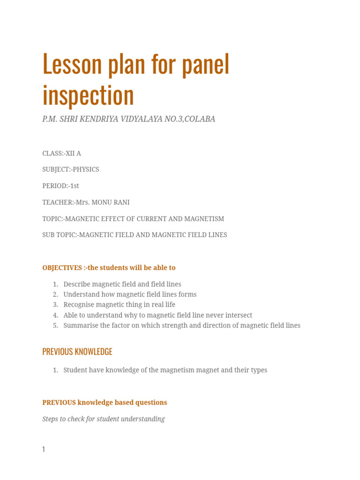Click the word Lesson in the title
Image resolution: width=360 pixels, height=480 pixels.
72,64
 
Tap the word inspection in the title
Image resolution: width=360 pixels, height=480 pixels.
88,95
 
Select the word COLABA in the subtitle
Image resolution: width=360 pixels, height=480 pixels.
200,119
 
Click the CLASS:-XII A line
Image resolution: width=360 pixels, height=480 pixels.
61,153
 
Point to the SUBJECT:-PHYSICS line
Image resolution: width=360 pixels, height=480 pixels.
70,169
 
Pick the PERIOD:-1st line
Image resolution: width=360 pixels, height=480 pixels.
60,186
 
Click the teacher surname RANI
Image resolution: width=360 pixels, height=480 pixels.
120,202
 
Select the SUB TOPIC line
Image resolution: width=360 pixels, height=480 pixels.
135,235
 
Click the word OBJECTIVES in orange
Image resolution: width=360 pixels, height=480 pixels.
62,268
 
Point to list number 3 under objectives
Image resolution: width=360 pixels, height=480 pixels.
55,305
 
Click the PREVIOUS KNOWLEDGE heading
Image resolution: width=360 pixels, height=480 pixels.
77,352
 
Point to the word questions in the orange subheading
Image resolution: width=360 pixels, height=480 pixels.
151,402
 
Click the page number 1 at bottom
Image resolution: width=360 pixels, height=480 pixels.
44,449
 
